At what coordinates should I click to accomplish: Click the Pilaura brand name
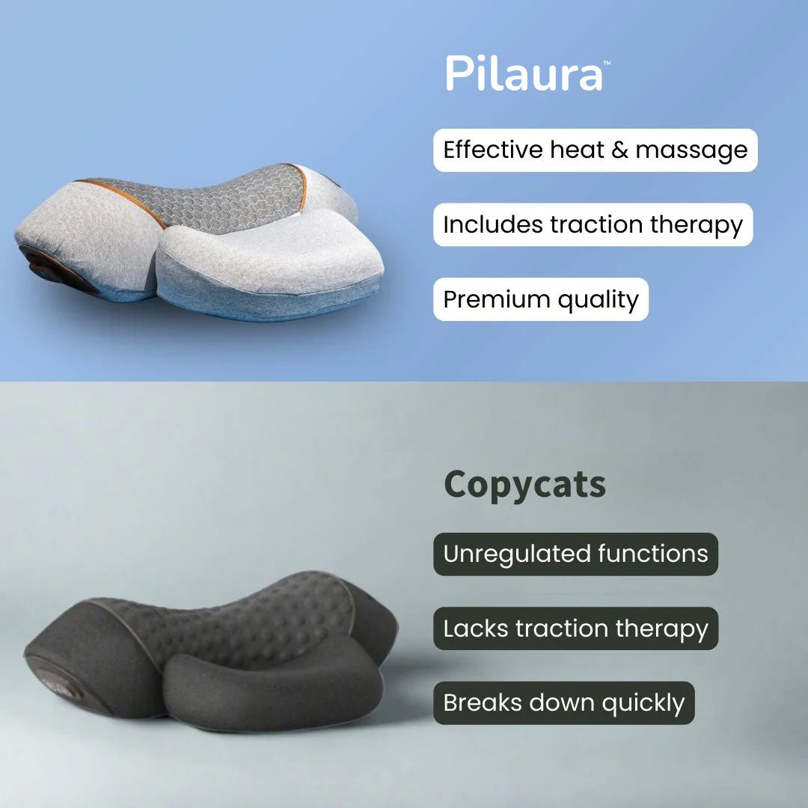(524, 73)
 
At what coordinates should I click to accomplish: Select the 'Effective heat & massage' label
(596, 150)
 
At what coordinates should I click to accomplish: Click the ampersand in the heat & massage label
(620, 150)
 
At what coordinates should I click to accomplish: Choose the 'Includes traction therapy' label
(593, 224)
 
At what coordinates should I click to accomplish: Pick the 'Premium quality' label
(541, 299)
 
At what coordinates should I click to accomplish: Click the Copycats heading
(524, 486)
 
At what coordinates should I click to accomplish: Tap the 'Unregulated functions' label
(575, 554)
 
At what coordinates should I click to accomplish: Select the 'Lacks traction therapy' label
(575, 628)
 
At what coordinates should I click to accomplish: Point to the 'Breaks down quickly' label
(564, 703)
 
